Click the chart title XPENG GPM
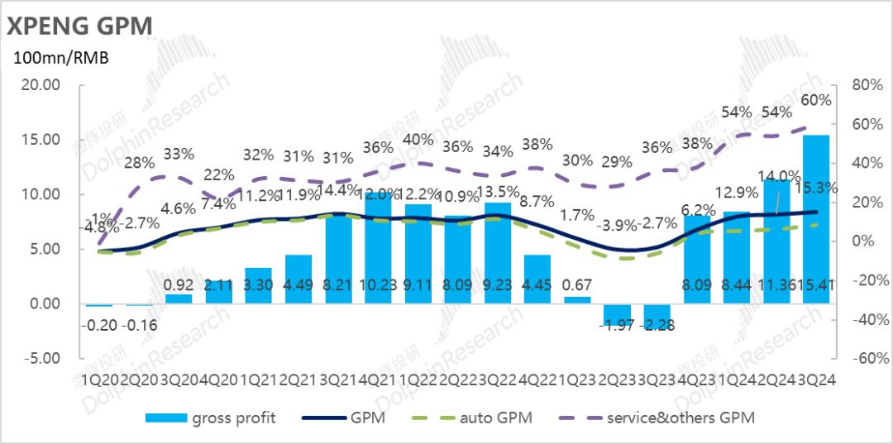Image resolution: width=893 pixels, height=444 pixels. click(80, 26)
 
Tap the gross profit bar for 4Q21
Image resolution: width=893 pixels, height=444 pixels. click(378, 248)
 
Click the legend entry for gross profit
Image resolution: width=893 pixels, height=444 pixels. click(211, 418)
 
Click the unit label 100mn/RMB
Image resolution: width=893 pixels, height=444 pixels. click(60, 58)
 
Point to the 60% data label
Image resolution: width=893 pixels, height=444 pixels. click(816, 100)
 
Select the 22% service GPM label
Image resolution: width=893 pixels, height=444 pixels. click(219, 175)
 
